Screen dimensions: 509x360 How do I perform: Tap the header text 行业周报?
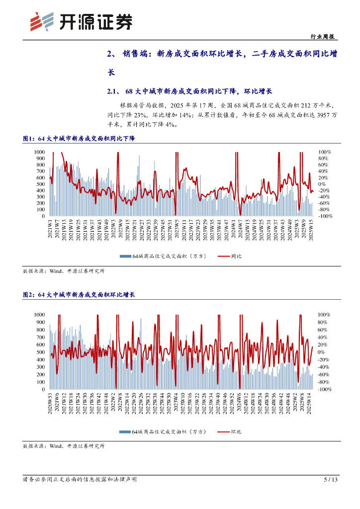point(322,36)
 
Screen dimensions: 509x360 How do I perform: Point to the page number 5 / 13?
point(330,480)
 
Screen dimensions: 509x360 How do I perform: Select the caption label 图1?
point(28,139)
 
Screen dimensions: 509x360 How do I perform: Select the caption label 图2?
point(28,295)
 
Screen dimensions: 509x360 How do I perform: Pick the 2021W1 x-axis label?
point(50,230)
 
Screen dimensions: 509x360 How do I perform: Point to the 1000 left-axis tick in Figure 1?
point(40,152)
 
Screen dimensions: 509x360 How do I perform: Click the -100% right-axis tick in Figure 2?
point(325,390)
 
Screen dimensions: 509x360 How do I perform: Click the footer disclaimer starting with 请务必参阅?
point(80,480)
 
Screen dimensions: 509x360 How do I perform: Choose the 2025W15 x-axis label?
point(311,230)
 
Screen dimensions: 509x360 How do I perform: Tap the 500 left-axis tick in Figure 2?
point(41,352)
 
